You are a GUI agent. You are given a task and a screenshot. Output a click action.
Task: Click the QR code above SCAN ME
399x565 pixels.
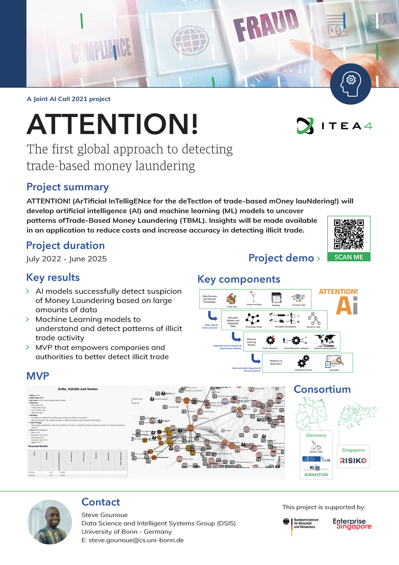[x=349, y=234]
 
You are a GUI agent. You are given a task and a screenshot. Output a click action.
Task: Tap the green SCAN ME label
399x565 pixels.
[x=349, y=257]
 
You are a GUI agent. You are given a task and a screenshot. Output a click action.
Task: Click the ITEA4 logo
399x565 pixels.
[x=334, y=126]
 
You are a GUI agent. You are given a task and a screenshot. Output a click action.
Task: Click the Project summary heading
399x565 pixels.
[x=67, y=187]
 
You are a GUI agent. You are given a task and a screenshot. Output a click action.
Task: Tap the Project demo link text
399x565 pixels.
[x=281, y=258]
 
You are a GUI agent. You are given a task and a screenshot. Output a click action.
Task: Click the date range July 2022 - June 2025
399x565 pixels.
[x=66, y=259]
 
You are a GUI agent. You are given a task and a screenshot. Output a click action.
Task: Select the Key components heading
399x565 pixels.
[x=239, y=279]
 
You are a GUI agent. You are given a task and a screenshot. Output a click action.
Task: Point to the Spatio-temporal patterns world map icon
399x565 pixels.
[x=325, y=340]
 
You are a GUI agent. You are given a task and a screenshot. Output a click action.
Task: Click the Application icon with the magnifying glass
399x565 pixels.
[x=334, y=362]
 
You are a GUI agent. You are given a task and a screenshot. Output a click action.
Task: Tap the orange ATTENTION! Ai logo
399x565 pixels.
[x=338, y=301]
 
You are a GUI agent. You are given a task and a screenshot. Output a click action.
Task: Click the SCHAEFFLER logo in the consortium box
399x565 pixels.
[x=316, y=475]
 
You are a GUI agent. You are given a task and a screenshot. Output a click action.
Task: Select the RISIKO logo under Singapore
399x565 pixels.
[x=353, y=461]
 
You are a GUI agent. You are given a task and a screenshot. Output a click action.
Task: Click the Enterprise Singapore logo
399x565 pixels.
[x=352, y=524]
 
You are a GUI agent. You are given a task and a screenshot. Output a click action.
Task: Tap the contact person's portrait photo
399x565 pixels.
[x=50, y=522]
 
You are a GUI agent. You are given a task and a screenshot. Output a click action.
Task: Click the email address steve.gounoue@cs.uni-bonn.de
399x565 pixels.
[x=133, y=540]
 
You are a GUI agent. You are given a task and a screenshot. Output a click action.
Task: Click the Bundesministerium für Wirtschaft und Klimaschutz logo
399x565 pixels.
[x=301, y=523]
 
